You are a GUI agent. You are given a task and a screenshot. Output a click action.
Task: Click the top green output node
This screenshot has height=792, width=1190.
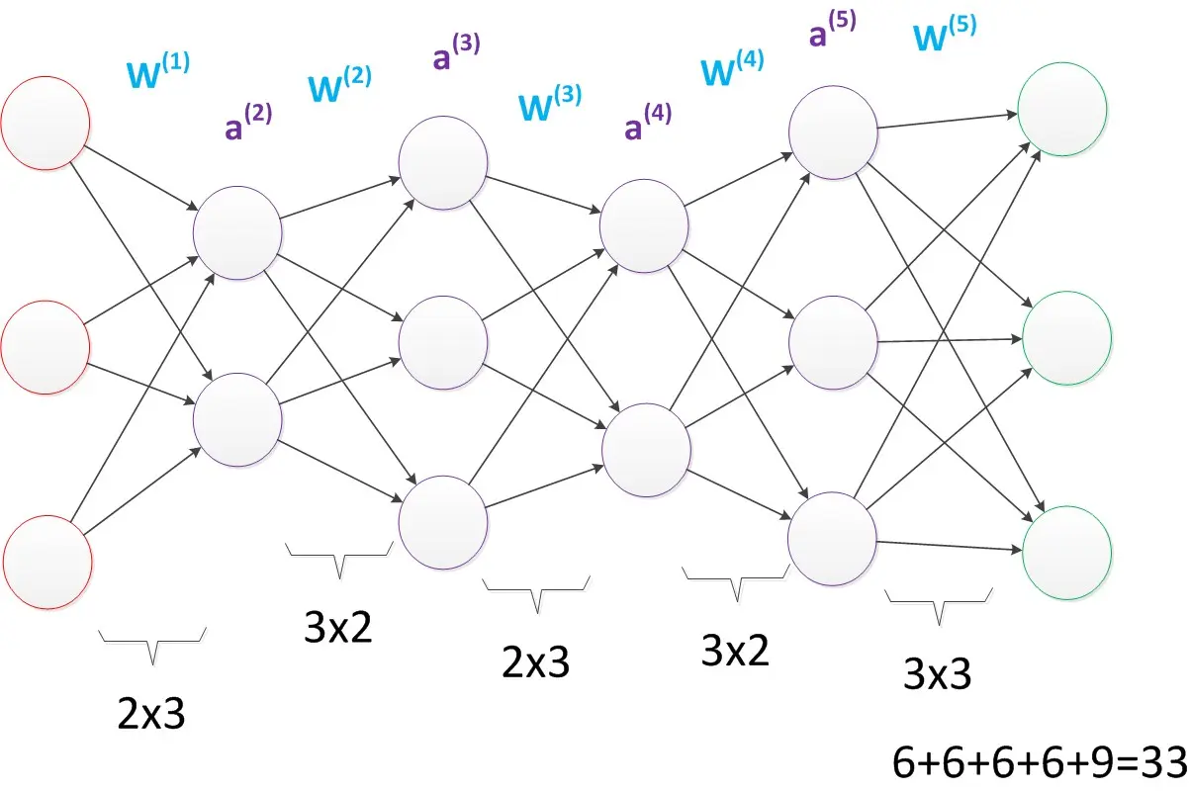click(x=1062, y=111)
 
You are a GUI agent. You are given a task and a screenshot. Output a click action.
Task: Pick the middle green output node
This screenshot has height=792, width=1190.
click(x=1065, y=335)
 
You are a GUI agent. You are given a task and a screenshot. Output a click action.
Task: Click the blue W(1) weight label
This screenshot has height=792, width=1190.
click(x=157, y=71)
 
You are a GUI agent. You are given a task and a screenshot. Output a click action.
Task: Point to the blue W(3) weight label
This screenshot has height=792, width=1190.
click(x=549, y=102)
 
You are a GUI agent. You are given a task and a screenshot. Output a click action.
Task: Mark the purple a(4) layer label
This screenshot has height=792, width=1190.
click(x=647, y=123)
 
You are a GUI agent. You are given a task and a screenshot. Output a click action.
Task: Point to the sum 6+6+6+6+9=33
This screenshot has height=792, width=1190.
click(x=1039, y=761)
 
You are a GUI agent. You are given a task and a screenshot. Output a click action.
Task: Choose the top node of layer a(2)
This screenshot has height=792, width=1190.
click(x=238, y=232)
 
